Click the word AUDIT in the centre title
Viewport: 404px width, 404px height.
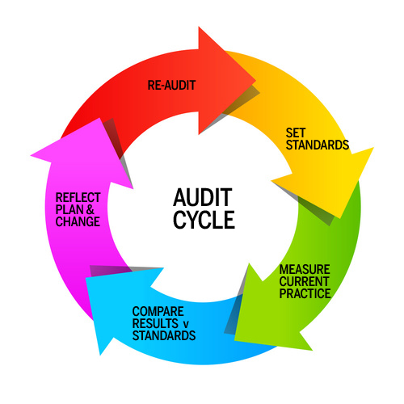coord(203,197)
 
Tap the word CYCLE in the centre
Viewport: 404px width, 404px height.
coord(204,220)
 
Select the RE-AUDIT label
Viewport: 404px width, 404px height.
coord(171,86)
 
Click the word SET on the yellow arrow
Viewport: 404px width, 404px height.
coord(296,133)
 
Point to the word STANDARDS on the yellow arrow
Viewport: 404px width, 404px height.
coord(318,145)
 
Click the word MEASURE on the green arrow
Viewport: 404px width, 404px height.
coord(305,269)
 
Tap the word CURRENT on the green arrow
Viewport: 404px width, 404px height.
coord(304,281)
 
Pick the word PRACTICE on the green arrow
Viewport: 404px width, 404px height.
coord(305,293)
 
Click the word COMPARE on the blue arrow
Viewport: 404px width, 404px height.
coord(158,312)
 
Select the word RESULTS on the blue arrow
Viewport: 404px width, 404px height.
coord(155,323)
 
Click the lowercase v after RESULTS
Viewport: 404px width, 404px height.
coord(186,325)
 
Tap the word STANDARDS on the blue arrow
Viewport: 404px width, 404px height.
coord(164,335)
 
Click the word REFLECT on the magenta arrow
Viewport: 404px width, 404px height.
coord(78,198)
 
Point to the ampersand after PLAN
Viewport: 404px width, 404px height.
coord(90,209)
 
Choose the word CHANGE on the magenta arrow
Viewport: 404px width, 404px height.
coord(78,221)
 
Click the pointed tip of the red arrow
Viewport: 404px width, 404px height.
coord(255,80)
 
